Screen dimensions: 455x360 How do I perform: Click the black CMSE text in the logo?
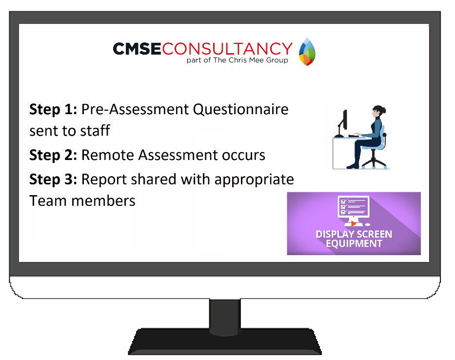point(137,49)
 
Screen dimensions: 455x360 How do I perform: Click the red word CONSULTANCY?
point(227,49)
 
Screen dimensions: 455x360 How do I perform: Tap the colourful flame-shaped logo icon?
point(307,51)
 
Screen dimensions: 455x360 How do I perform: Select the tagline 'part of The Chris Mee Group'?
point(237,60)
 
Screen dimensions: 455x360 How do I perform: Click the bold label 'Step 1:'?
point(53,110)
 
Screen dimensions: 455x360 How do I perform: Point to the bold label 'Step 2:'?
point(53,155)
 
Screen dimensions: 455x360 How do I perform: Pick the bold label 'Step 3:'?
point(53,180)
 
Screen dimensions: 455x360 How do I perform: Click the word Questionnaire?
point(240,110)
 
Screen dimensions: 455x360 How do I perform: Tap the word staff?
point(95,130)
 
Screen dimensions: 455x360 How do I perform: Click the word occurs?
point(243,156)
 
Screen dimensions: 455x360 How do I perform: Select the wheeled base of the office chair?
point(374,162)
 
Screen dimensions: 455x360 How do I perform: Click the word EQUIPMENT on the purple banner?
point(354,243)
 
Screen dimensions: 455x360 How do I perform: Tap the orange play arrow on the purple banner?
point(353,223)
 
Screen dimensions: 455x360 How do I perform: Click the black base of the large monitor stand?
point(225,342)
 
